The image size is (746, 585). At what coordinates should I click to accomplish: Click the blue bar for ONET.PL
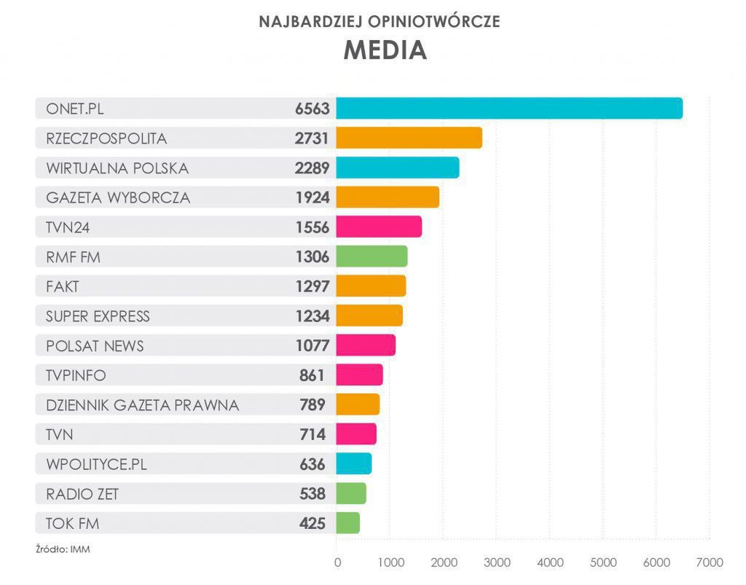(x=509, y=109)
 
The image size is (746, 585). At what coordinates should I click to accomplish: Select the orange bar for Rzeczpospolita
(x=409, y=138)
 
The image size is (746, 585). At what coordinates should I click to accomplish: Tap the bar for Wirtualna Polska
(x=397, y=168)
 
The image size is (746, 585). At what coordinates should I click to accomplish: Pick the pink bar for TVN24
(x=378, y=227)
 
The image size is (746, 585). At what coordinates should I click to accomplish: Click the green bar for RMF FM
(x=372, y=256)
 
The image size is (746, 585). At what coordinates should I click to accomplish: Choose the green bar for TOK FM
(x=348, y=523)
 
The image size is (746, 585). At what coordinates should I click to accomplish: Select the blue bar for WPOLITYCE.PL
(x=353, y=463)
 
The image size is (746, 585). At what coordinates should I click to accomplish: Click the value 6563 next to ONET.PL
(x=312, y=109)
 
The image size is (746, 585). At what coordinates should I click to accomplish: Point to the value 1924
(x=312, y=197)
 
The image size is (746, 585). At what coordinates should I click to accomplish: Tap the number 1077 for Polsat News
(x=312, y=345)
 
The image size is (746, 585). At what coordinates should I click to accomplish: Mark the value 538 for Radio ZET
(x=313, y=494)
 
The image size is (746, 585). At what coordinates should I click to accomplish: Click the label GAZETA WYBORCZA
(x=118, y=197)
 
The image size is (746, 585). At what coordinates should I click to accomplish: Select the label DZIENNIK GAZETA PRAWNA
(x=142, y=405)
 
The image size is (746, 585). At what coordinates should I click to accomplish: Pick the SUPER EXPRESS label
(x=98, y=316)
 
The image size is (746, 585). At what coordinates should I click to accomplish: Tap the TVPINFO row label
(x=76, y=375)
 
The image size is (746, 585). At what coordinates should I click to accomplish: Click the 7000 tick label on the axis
(x=709, y=562)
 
